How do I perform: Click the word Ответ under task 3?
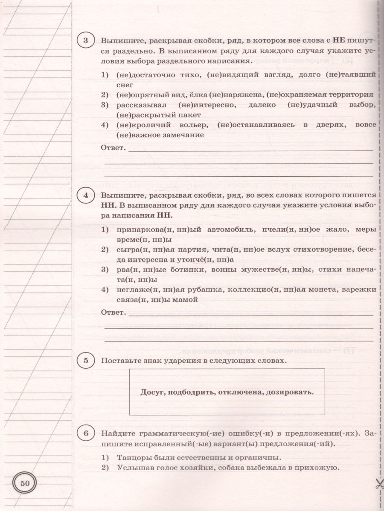pos(113,149)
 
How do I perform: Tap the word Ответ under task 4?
pos(113,313)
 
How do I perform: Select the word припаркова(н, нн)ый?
pos(158,230)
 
